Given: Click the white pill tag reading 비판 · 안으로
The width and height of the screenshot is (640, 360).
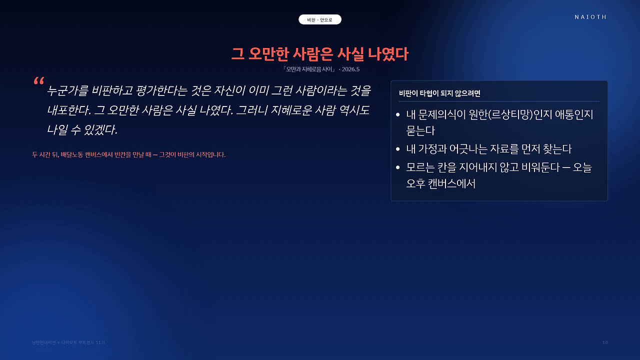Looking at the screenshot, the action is (x=319, y=19).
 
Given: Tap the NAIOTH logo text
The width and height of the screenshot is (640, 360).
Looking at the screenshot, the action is (x=590, y=17).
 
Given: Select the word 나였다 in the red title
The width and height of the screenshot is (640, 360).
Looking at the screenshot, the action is (x=388, y=54).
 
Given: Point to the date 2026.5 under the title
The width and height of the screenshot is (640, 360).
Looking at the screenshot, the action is (x=350, y=69).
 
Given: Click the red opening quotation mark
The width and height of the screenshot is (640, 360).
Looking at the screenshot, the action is (x=39, y=81).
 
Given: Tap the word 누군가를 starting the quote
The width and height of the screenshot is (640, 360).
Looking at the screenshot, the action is (x=67, y=90).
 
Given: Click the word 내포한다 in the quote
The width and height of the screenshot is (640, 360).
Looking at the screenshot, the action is (x=68, y=110).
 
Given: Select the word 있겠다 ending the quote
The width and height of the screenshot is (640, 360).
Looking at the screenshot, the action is (x=100, y=129).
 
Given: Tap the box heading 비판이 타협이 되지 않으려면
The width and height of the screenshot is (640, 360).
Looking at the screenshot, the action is (x=439, y=93).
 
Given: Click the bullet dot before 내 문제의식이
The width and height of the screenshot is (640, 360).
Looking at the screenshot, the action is (x=397, y=115).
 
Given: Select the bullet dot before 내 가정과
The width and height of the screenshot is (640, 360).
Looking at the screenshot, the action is (x=397, y=149).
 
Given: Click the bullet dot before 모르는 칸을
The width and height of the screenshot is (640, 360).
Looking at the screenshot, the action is (x=397, y=167).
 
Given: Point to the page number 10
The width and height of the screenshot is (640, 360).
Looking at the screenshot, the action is (x=605, y=342).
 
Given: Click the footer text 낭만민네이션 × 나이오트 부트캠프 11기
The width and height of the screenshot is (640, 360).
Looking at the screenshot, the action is (x=68, y=342).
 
